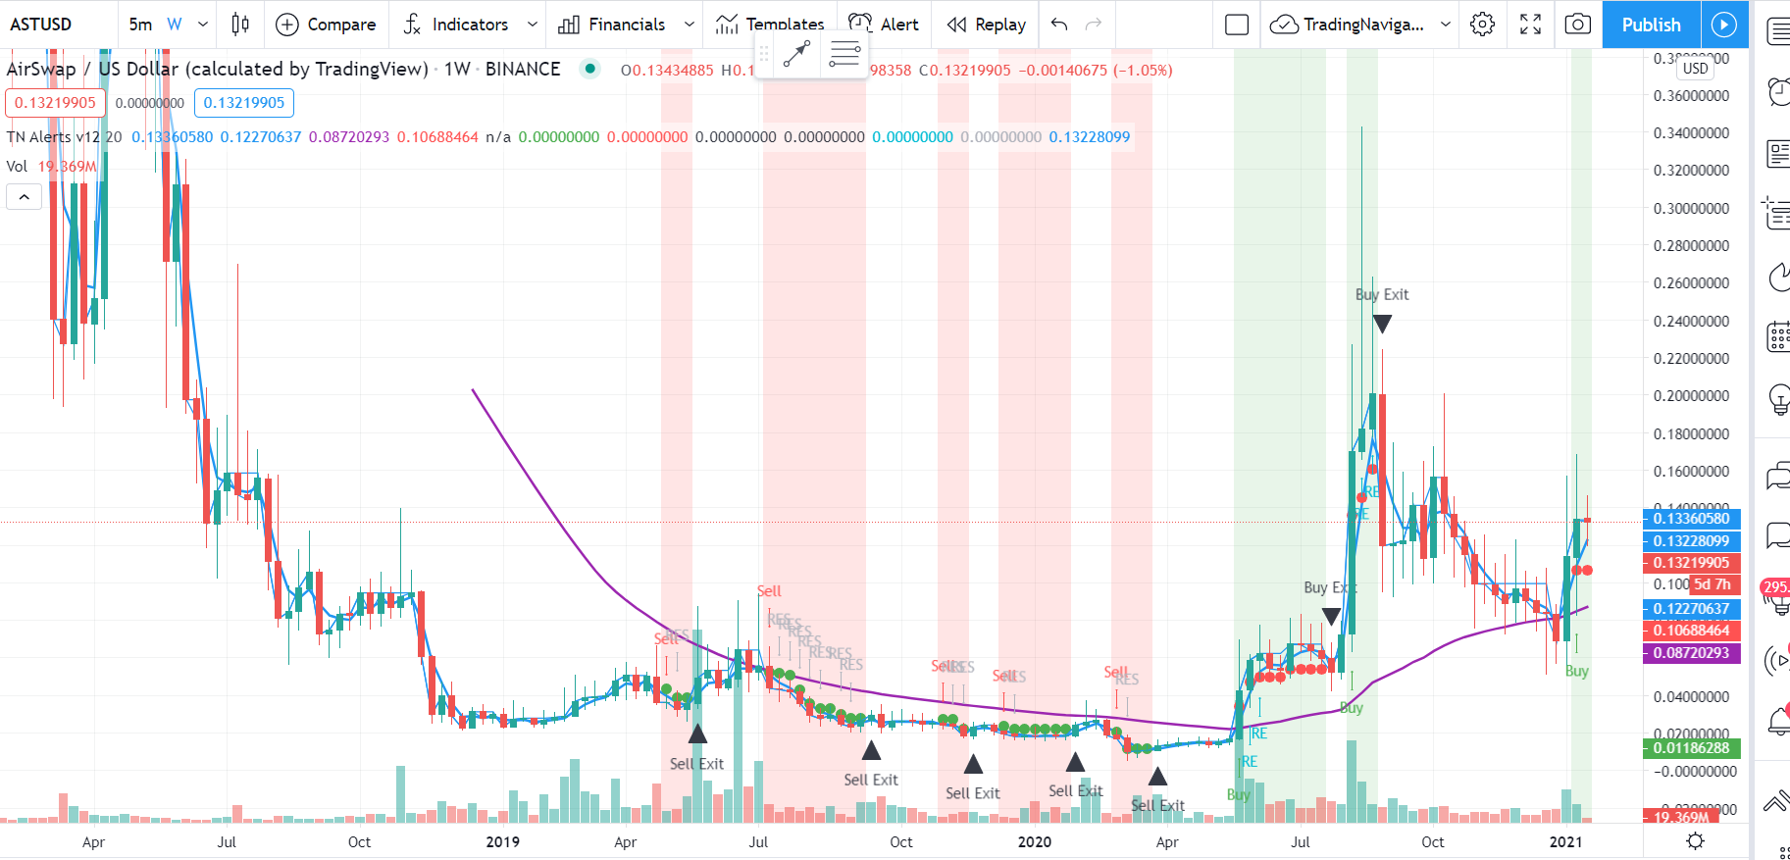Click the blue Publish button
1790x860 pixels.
[x=1651, y=25]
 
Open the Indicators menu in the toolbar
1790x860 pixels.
[x=469, y=25]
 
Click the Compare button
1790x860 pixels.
[x=326, y=25]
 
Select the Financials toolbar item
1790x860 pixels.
[x=626, y=25]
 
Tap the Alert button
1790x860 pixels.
[x=884, y=25]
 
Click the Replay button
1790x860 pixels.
[x=986, y=25]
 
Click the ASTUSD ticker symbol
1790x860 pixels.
[x=41, y=25]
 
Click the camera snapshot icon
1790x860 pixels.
[x=1577, y=25]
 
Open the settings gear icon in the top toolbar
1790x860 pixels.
[x=1482, y=25]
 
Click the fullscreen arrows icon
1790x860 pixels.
[x=1530, y=25]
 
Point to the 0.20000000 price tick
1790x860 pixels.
[x=1691, y=396]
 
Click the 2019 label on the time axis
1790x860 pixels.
[x=502, y=841]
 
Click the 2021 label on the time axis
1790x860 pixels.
[x=1565, y=841]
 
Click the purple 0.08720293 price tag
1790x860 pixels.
[x=1691, y=653]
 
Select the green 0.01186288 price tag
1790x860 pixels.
[x=1691, y=748]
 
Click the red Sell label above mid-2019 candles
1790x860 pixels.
[x=769, y=590]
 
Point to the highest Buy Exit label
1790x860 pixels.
[x=1382, y=294]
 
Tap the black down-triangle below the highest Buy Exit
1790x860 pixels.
[x=1382, y=324]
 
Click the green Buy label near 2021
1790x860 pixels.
[x=1576, y=671]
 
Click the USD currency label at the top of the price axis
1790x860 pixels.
[x=1696, y=68]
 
